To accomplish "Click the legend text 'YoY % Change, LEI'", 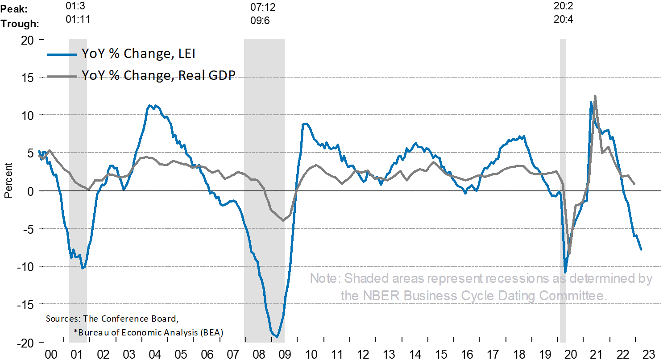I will coord(138,54).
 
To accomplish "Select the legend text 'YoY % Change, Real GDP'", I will coord(158,75).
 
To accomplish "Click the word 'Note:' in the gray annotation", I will coord(326,279).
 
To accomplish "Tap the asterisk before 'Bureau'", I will coord(75,331).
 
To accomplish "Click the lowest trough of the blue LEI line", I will coord(277,336).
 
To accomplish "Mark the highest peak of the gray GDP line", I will coord(595,96).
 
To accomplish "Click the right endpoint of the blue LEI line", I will coord(641,250).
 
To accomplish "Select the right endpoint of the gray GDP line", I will coord(634,183).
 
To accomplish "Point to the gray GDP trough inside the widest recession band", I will coord(282,220).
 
